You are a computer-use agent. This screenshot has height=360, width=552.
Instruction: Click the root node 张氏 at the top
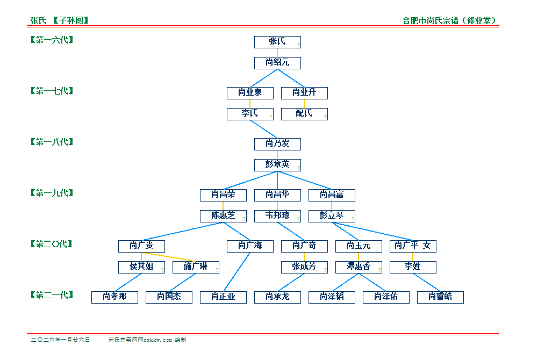tap(277, 42)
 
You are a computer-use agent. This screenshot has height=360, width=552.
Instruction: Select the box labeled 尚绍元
tap(277, 63)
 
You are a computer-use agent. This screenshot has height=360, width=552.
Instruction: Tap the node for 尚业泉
tap(250, 93)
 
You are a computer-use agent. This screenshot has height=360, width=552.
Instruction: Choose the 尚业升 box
tap(304, 93)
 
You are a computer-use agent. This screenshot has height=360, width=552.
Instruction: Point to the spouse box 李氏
tap(250, 114)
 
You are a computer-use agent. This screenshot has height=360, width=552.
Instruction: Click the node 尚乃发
tap(277, 144)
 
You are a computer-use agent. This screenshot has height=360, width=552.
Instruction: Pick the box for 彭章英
tap(277, 165)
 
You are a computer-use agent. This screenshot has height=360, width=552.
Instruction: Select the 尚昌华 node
tap(277, 195)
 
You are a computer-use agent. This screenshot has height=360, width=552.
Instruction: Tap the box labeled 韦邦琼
tap(277, 216)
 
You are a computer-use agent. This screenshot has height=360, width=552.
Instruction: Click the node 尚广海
tap(250, 246)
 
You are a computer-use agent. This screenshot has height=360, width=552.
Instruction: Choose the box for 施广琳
tap(196, 267)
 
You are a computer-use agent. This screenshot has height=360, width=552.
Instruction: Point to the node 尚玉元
tap(359, 246)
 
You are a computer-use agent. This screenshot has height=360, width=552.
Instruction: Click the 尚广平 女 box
tap(413, 246)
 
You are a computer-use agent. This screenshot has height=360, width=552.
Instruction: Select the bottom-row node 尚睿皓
tap(440, 297)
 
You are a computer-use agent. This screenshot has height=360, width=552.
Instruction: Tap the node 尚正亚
tap(223, 297)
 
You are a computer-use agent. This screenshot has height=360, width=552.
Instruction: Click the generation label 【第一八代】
tap(52, 142)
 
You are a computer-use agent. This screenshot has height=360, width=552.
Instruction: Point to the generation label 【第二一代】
tap(52, 295)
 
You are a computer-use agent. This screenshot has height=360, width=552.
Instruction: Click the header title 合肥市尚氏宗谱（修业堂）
tap(449, 20)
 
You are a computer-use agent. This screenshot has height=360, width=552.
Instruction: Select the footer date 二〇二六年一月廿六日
tap(61, 340)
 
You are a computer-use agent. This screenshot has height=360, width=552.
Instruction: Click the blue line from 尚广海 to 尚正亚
tap(236, 272)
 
